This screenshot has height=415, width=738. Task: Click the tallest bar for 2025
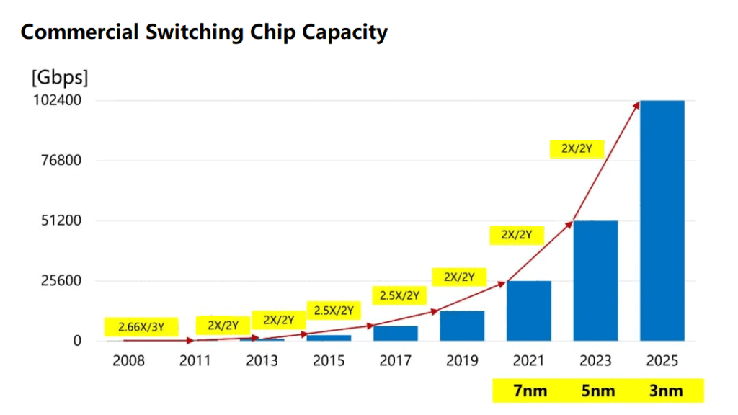tap(662, 220)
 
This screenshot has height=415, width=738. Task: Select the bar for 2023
tap(595, 280)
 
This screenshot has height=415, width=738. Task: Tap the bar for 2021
tap(528, 311)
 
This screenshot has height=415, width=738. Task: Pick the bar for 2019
tap(462, 326)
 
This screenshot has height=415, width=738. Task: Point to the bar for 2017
tap(395, 333)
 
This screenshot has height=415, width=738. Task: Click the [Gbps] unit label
tap(58, 77)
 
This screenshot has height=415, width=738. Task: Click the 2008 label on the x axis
tap(128, 360)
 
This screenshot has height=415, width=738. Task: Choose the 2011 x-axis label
tap(195, 360)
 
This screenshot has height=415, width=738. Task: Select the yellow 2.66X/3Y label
tap(141, 326)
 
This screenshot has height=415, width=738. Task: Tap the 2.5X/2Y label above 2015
tap(333, 311)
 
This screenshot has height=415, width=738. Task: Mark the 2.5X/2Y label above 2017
tap(399, 295)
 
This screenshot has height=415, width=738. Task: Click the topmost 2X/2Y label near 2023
tap(576, 149)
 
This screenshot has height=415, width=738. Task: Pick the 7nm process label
tap(529, 391)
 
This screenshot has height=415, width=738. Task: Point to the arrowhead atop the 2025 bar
tap(636, 104)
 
